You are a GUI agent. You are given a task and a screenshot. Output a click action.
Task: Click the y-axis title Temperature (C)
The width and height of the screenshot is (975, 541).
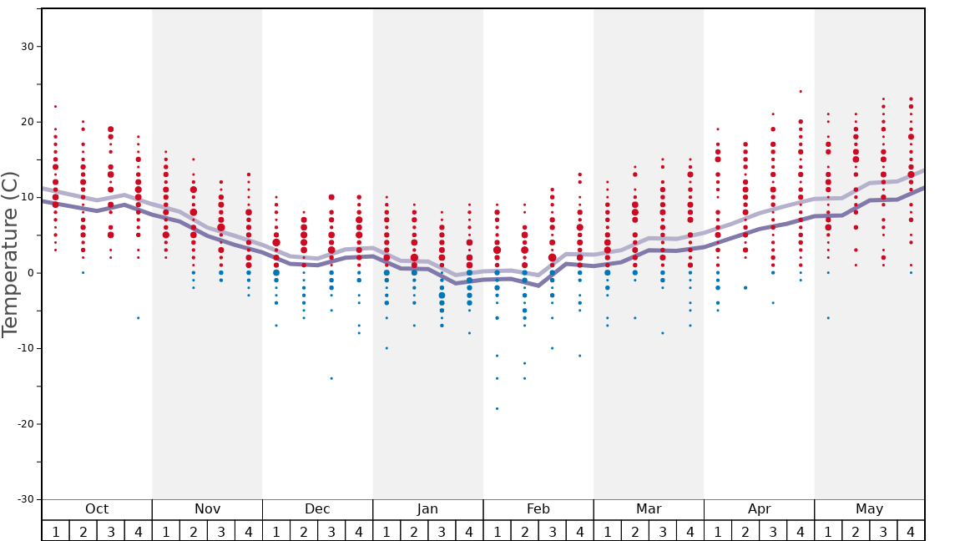pos(10,254)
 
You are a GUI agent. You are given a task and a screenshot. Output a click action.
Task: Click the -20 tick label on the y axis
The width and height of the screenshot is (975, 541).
pos(24,424)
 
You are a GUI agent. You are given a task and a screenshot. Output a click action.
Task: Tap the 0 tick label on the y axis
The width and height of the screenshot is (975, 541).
pos(31,273)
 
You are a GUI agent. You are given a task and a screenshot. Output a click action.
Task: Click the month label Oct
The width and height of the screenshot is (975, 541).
pos(97,509)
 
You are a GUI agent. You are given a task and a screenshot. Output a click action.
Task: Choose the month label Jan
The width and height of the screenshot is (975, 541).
pos(427,509)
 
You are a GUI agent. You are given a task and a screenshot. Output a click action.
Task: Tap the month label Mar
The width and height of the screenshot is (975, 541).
pos(649,509)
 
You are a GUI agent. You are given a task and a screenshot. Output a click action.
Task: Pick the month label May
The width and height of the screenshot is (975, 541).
pos(869,509)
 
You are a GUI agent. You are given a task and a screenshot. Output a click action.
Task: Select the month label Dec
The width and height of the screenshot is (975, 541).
pos(317,509)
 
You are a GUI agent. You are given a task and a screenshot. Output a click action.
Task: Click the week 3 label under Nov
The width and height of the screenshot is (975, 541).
pos(221,531)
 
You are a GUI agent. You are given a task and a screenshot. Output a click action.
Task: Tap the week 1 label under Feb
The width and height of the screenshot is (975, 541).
pos(497,531)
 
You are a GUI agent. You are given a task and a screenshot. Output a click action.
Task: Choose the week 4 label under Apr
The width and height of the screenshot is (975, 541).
pos(801,531)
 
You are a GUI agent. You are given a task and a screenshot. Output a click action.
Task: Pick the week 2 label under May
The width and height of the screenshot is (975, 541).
pos(856,531)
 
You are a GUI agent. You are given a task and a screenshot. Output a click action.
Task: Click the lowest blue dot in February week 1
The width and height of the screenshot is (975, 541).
pos(497,408)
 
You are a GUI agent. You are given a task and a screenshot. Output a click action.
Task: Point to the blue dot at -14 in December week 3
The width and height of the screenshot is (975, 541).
pos(331,378)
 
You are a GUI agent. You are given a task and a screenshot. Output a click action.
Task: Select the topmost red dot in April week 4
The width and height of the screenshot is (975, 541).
pos(801,92)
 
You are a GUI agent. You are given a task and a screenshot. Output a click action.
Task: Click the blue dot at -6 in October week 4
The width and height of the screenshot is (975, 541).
pos(139,318)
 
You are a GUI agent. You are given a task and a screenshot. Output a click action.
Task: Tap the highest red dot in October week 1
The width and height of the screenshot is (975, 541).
pos(56,106)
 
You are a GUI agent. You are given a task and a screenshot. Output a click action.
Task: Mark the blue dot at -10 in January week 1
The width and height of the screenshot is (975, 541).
pos(386,348)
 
